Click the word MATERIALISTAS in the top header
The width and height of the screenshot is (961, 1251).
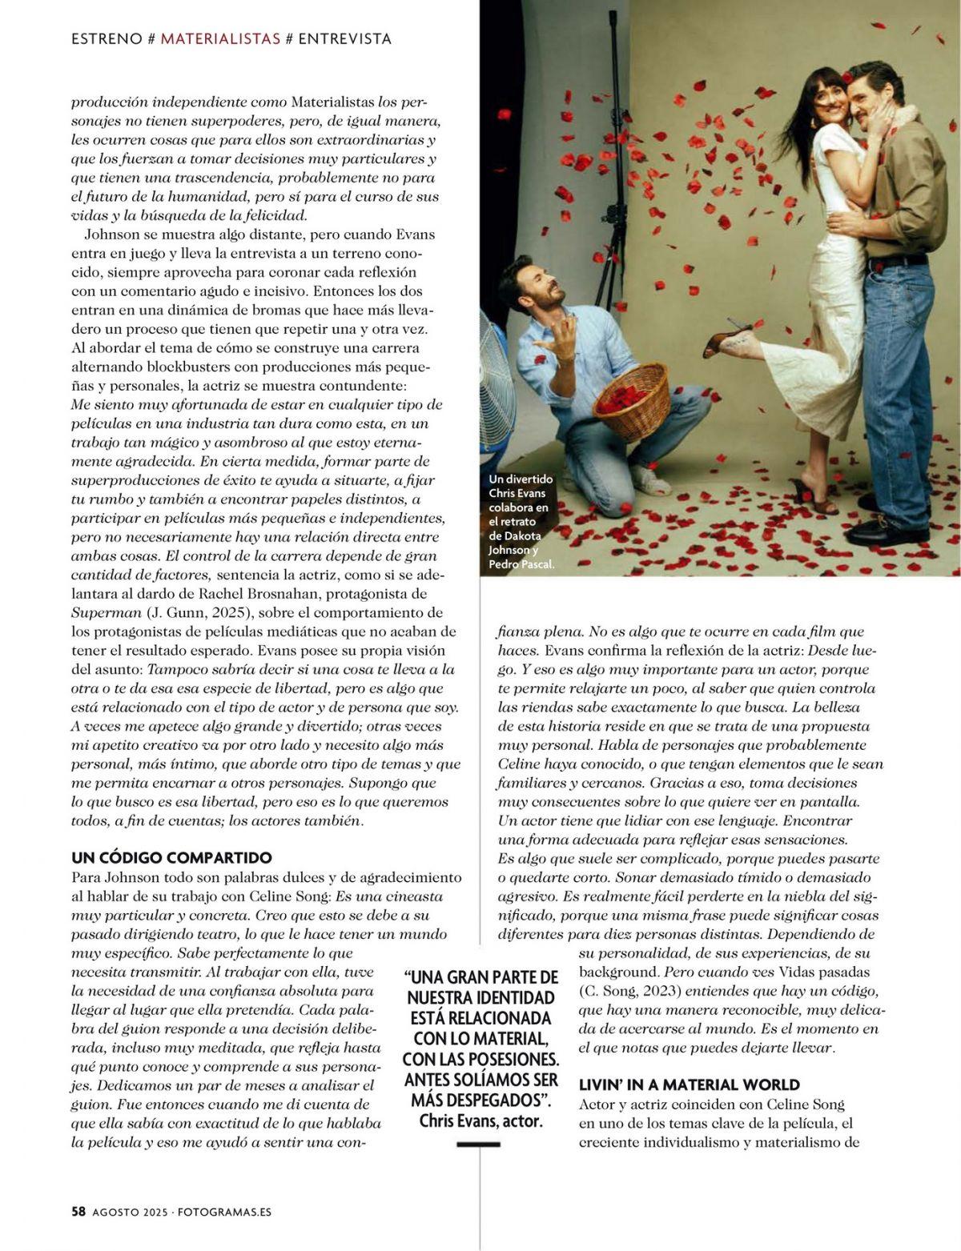[220, 38]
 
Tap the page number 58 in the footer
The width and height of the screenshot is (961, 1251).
[78, 1212]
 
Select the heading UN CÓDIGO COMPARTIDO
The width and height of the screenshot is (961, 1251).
[171, 858]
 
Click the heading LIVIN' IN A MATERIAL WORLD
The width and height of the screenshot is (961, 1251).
[689, 1085]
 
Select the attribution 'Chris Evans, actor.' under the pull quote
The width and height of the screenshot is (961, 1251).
[480, 1121]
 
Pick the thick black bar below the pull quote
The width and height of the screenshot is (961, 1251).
[478, 1145]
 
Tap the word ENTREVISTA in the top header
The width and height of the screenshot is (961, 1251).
[344, 38]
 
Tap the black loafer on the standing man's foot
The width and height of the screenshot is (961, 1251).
[874, 531]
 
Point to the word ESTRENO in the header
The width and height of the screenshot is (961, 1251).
[107, 38]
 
